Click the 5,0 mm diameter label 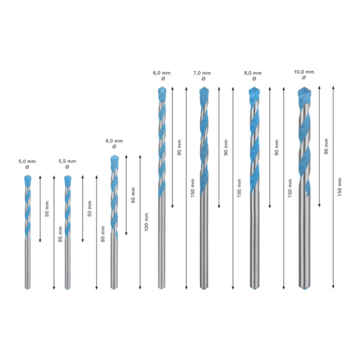(x=27, y=161)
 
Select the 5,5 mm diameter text (x=67, y=161)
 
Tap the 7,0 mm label (x=202, y=73)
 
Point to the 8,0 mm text (x=253, y=73)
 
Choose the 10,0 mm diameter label (x=304, y=72)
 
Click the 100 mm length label (x=146, y=222)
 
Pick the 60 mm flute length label (x=133, y=195)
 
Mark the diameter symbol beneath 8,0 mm (x=254, y=79)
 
